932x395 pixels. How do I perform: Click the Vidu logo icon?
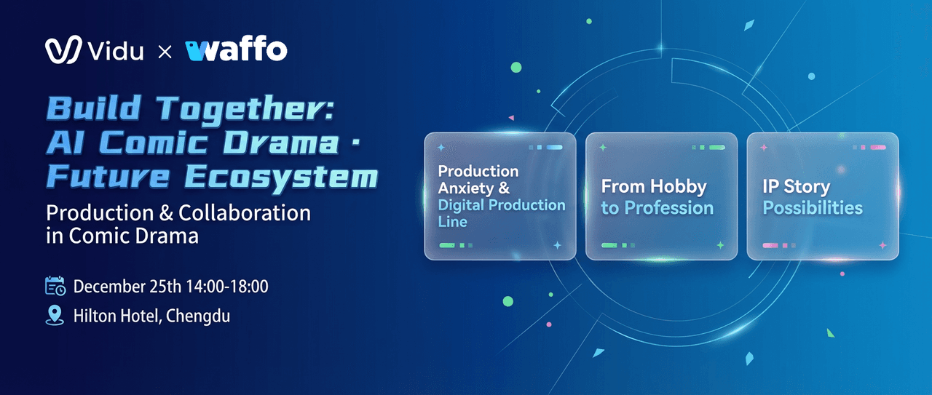pyautogui.click(x=63, y=49)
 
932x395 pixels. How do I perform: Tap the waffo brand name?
pyautogui.click(x=236, y=49)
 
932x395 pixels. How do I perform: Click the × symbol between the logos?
pyautogui.click(x=165, y=52)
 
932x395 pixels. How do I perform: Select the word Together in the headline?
pyautogui.click(x=245, y=109)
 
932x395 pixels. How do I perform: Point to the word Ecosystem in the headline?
pyautogui.click(x=281, y=176)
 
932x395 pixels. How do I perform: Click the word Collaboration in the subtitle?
pyautogui.click(x=245, y=212)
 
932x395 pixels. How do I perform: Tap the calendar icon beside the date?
pyautogui.click(x=55, y=286)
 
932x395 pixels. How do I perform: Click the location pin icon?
pyautogui.click(x=55, y=315)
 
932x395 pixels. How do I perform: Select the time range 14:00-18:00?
pyautogui.click(x=227, y=287)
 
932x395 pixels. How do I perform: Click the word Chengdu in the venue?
pyautogui.click(x=198, y=316)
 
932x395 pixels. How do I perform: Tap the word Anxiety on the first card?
pyautogui.click(x=466, y=188)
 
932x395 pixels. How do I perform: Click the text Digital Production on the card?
pyautogui.click(x=502, y=204)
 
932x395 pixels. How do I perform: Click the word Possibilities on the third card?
pyautogui.click(x=813, y=208)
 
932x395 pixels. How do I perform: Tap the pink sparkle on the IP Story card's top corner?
pyautogui.click(x=764, y=147)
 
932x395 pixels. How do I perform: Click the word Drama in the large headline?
pyautogui.click(x=281, y=143)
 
